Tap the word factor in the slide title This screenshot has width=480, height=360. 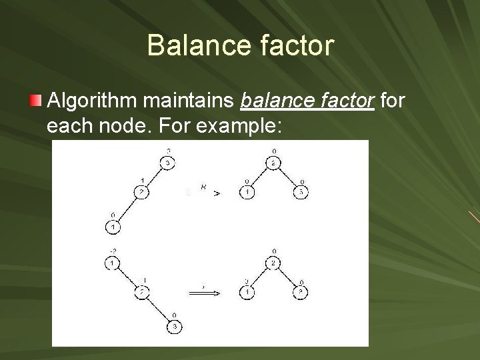[291, 45]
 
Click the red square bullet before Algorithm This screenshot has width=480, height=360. [36, 102]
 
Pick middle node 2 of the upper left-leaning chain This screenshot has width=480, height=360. [141, 193]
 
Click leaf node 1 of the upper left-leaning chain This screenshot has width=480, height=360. [113, 227]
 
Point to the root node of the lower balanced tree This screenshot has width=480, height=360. [271, 263]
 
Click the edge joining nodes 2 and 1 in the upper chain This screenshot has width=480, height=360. [127, 211]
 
